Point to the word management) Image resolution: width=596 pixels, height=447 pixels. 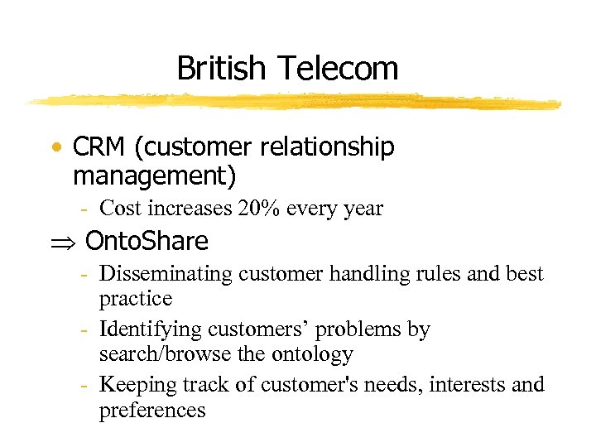tap(155, 176)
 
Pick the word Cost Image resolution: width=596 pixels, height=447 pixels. tap(121, 209)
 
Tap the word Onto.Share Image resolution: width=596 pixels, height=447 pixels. tap(147, 242)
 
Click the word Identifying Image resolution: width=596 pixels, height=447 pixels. tap(149, 329)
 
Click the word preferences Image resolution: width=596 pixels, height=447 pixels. tap(152, 410)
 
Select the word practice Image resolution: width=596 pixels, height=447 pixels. tap(136, 298)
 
